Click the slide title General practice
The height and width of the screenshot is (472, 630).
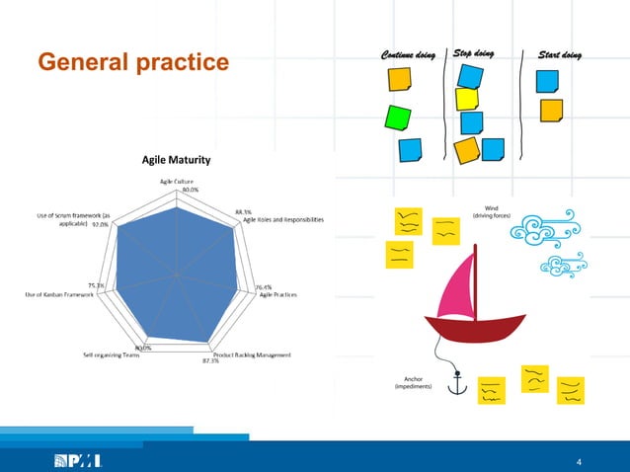132,63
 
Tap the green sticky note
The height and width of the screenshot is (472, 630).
398,118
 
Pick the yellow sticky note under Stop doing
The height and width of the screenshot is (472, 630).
467,99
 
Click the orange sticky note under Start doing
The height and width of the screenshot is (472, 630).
551,109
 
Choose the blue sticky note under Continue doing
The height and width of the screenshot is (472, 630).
410,150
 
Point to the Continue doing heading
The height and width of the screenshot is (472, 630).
401,54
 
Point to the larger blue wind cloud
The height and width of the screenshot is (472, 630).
539,228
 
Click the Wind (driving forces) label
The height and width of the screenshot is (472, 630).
490,211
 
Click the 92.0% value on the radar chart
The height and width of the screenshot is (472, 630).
100,224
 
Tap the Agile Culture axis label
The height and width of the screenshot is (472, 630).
177,181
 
